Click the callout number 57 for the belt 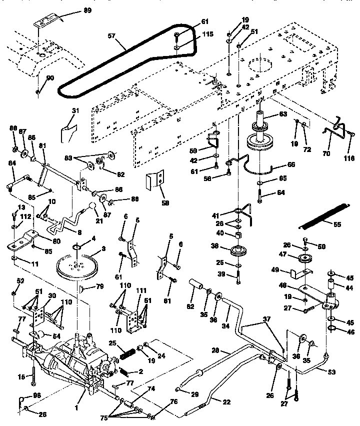pos(112,35)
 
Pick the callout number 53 pos(332,372)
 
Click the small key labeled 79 pos(83,288)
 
